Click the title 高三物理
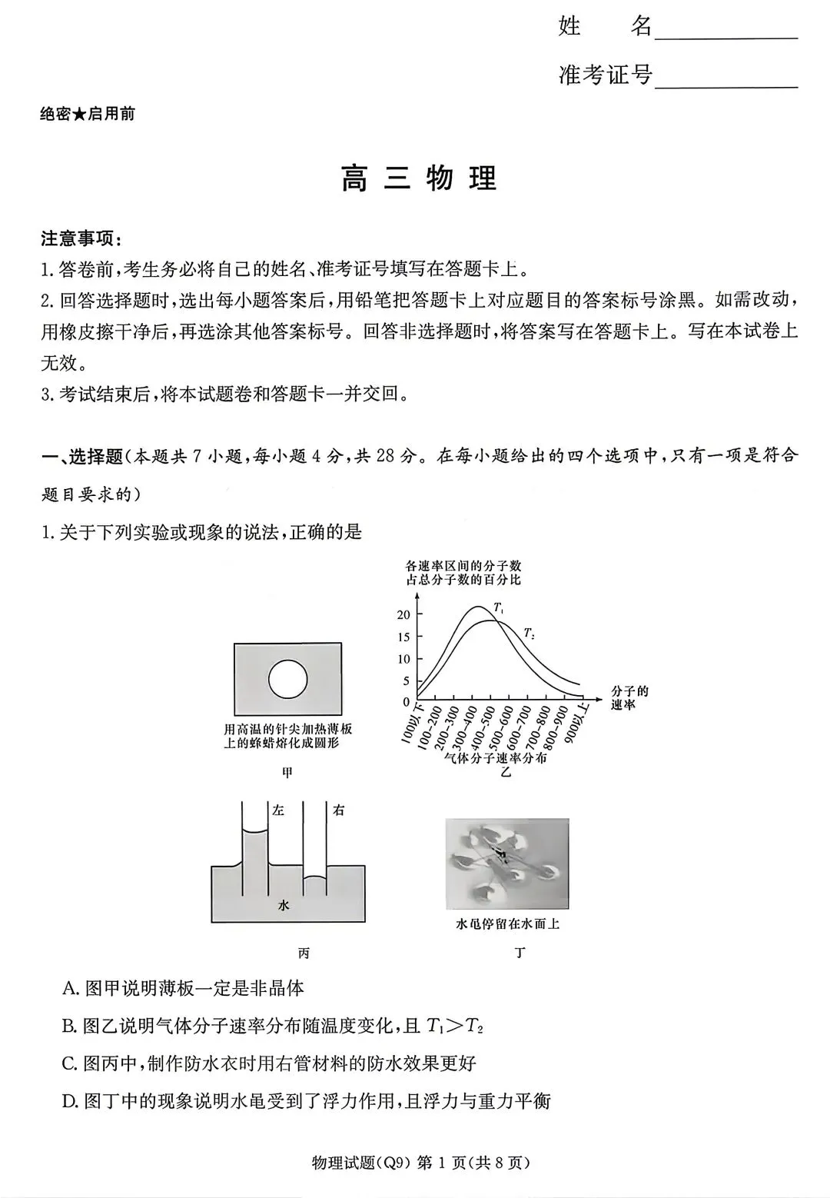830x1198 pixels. [420, 178]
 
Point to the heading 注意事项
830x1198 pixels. [81, 238]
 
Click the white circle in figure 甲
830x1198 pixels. [287, 679]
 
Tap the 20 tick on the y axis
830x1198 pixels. [403, 614]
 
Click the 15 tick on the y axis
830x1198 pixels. [403, 637]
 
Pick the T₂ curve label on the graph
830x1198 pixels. [529, 634]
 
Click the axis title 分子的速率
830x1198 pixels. [629, 697]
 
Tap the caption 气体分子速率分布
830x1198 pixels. [496, 757]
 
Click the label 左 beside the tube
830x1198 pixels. [278, 810]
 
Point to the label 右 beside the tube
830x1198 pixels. [338, 810]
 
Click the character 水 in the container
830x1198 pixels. [284, 906]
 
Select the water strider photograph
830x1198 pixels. [507, 864]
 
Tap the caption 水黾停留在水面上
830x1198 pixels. [507, 923]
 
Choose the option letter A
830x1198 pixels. [70, 988]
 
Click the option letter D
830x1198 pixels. [70, 1101]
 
